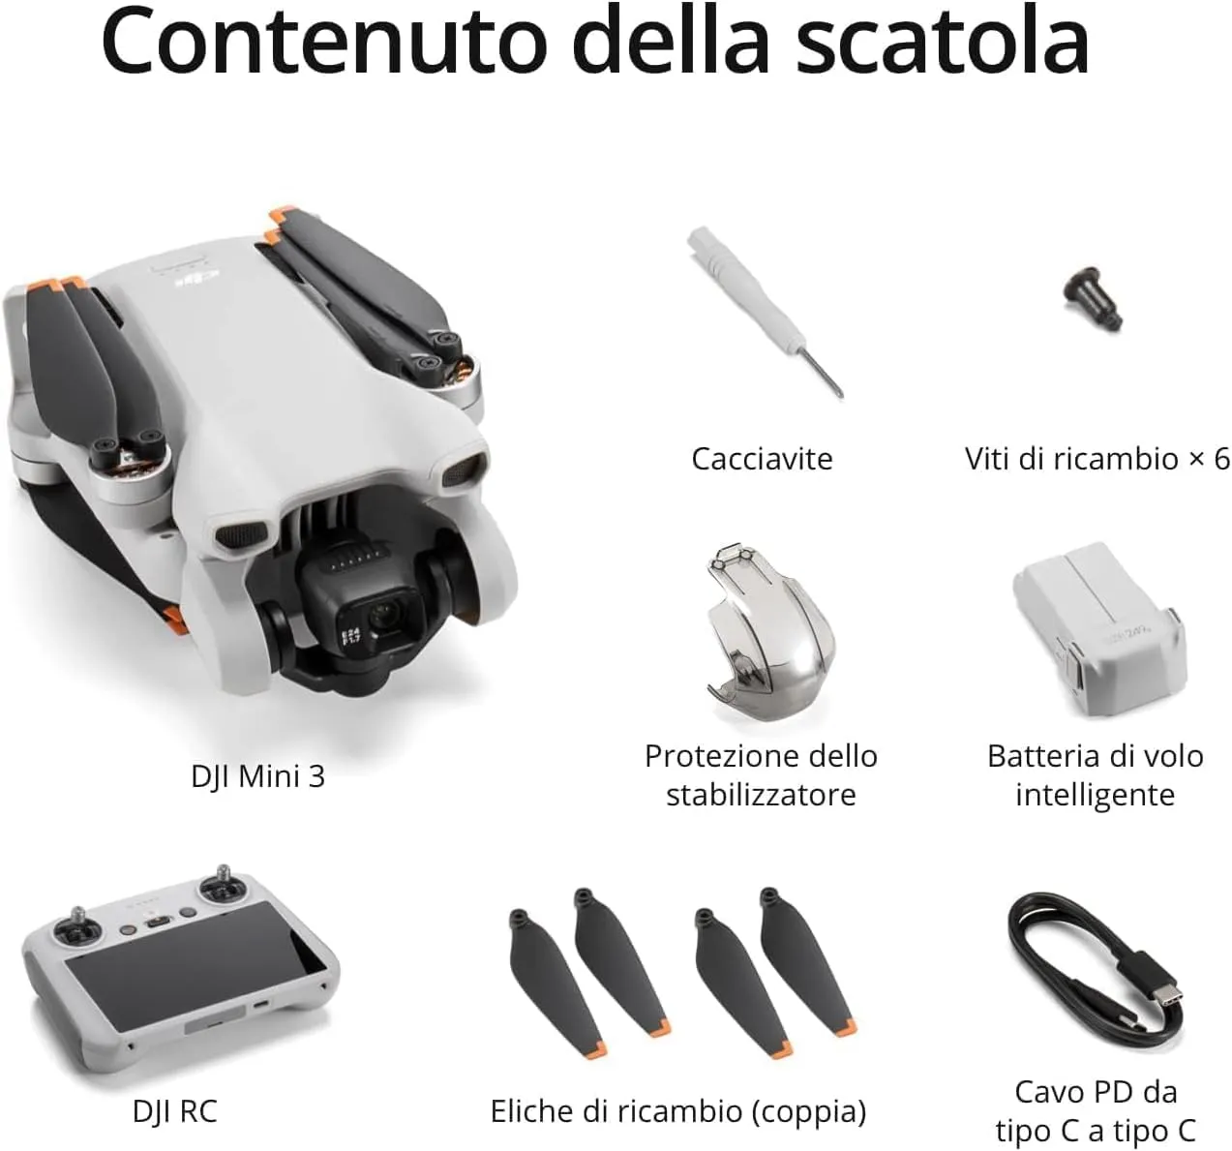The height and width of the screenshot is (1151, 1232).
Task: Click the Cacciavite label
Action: point(762,458)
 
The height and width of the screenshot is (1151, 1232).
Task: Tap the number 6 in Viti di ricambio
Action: point(1221,458)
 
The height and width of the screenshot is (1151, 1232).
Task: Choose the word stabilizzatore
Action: point(761,795)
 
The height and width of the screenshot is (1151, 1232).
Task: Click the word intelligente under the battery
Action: point(1095,795)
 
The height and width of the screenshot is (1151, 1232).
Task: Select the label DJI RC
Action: point(175,1110)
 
